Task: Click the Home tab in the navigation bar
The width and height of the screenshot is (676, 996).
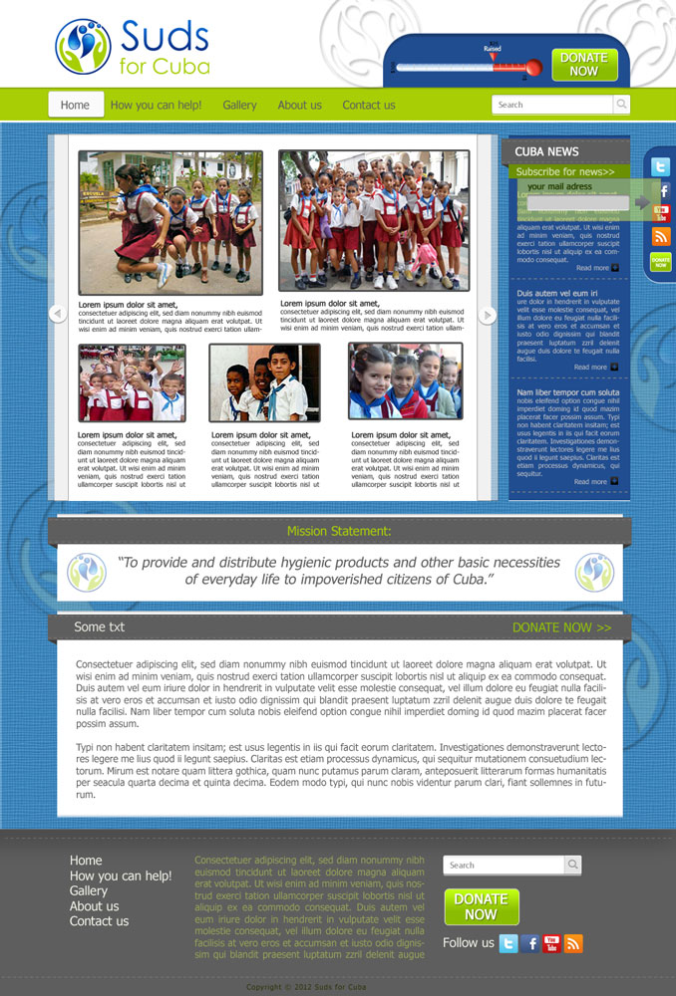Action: click(x=75, y=105)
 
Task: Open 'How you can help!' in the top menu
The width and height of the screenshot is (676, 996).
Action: click(x=156, y=105)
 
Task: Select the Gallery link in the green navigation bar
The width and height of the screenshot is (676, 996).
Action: click(x=239, y=105)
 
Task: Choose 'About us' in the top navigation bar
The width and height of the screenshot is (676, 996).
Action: click(x=299, y=105)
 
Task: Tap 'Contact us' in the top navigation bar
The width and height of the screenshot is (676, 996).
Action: click(x=369, y=105)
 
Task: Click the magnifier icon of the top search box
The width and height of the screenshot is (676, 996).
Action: click(x=620, y=105)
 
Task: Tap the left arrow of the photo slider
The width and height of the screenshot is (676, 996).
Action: click(x=57, y=315)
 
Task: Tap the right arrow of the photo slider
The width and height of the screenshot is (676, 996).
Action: click(x=488, y=315)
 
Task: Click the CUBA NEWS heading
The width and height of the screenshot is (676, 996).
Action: click(x=546, y=151)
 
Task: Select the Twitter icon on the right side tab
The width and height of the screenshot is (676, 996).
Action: click(x=660, y=167)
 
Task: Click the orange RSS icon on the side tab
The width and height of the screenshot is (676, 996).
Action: click(x=661, y=237)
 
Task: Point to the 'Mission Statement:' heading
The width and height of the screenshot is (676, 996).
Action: click(x=339, y=532)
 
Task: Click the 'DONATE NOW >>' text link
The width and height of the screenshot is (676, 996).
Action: click(x=561, y=627)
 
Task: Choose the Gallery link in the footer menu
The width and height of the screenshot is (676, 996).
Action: click(x=89, y=890)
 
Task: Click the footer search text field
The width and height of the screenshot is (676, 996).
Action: click(x=504, y=866)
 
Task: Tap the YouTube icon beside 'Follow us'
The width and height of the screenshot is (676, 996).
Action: click(x=552, y=943)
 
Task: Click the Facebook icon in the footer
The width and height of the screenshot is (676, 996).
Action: click(x=530, y=943)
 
